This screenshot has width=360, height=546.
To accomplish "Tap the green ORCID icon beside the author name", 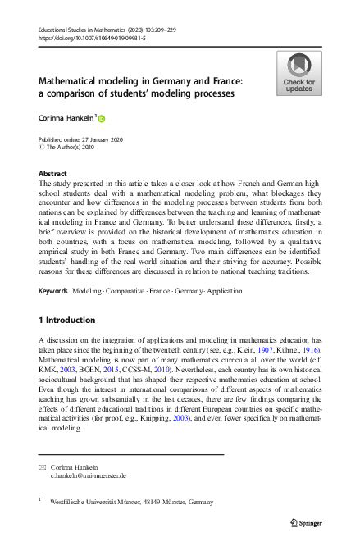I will pyautogui.click(x=103, y=119).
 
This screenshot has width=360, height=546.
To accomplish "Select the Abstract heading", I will pyautogui.click(x=53, y=174).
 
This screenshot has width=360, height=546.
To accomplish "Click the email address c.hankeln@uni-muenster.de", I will pyautogui.click(x=89, y=475).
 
